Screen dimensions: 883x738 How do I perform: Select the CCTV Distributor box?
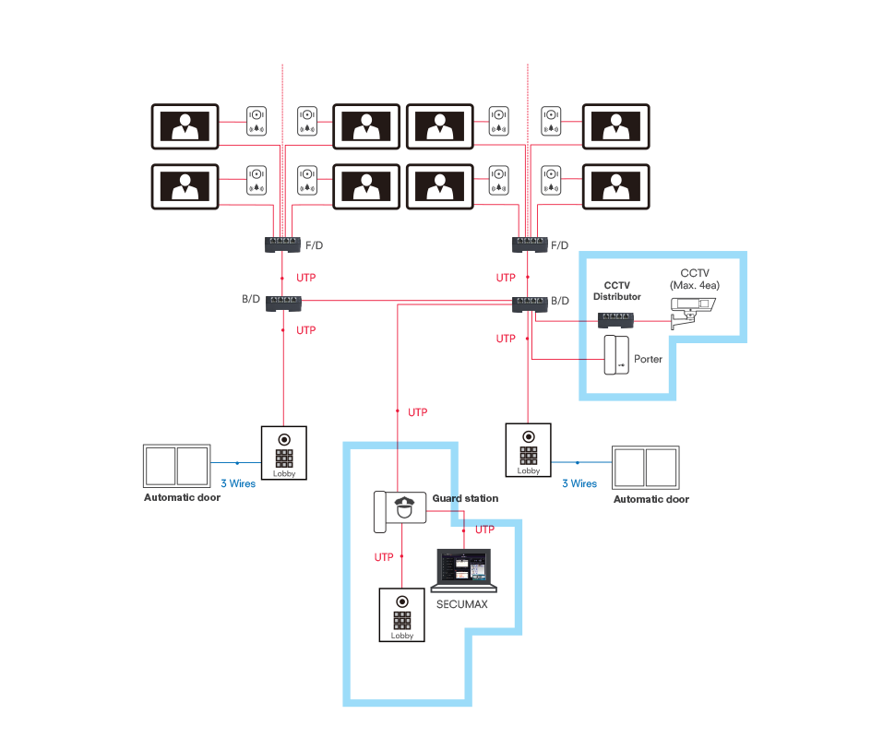tap(615, 320)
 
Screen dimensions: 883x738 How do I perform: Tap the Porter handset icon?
tap(616, 354)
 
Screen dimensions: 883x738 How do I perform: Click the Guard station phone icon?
tap(400, 511)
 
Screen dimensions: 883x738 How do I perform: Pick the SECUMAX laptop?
tap(463, 570)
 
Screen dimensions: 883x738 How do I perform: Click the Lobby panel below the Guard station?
tap(402, 614)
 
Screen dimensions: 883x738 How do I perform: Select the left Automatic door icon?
tap(177, 466)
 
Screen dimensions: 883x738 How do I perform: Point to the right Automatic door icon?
tap(645, 468)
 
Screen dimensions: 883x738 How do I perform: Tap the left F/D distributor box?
tap(282, 244)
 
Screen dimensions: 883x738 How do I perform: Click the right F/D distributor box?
tap(530, 244)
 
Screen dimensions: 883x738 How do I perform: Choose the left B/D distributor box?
tap(284, 304)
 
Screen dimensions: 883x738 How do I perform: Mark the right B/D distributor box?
tap(530, 304)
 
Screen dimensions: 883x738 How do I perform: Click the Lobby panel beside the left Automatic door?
tap(284, 453)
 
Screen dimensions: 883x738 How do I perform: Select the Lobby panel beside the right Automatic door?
tap(528, 450)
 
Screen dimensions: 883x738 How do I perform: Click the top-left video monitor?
tap(185, 126)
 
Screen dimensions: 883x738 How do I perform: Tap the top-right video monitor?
tap(616, 126)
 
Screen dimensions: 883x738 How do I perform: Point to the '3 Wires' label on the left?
tap(238, 483)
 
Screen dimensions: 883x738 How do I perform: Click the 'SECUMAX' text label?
tap(461, 604)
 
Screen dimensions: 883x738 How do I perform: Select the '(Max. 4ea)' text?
tap(695, 285)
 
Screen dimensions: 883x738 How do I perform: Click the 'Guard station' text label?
tap(465, 498)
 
